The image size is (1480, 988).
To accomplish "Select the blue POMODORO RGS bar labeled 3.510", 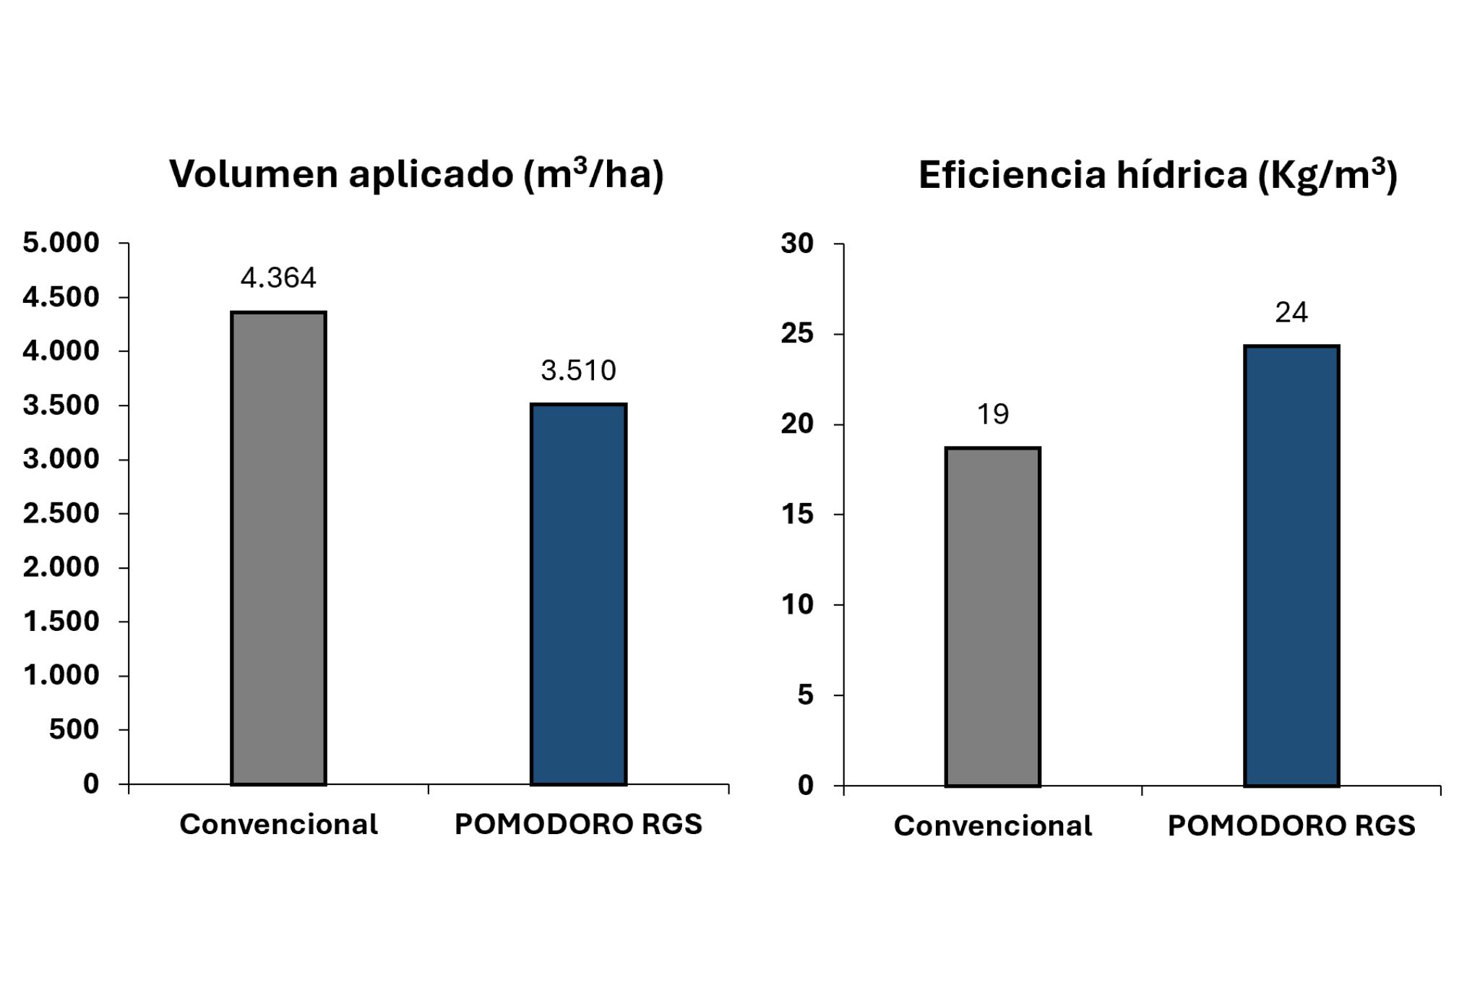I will [578, 594].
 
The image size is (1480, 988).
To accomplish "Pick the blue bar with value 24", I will [1291, 566].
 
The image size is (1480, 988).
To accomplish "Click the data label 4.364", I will [278, 278].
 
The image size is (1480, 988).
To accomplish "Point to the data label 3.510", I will [578, 371].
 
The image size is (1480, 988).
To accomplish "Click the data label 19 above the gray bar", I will [992, 414].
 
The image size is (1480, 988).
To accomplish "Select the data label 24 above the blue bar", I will [1291, 312].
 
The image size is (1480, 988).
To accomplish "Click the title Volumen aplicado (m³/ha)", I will [416, 174].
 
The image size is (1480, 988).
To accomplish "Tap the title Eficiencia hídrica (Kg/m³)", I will [1158, 176].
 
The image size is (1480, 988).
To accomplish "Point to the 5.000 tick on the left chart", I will [61, 243].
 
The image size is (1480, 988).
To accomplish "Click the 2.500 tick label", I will [61, 513].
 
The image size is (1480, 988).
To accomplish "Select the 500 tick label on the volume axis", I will [74, 729].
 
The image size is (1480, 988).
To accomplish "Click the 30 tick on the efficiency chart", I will [797, 244].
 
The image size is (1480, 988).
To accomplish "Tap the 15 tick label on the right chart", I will [797, 515].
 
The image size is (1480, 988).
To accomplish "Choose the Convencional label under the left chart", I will [278, 824].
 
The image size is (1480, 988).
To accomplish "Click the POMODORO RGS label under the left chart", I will [578, 824].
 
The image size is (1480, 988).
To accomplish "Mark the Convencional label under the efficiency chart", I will [992, 825].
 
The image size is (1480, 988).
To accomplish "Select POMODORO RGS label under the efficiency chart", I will [1291, 825].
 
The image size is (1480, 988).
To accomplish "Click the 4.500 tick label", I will [61, 297].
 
